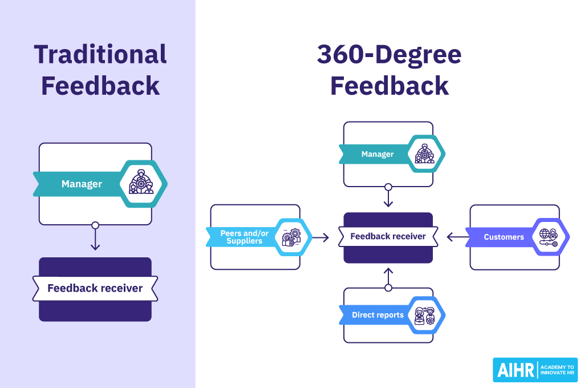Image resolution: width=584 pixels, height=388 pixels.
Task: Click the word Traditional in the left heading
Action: pyautogui.click(x=100, y=55)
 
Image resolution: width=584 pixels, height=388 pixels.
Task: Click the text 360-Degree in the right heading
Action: pyautogui.click(x=389, y=55)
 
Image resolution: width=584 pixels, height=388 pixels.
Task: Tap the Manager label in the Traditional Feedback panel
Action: pyautogui.click(x=82, y=184)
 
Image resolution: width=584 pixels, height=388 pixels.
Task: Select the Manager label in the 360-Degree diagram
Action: pyautogui.click(x=377, y=154)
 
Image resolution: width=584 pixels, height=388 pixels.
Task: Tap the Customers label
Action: pyautogui.click(x=504, y=237)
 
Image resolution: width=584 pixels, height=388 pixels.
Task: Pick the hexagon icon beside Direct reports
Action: pyautogui.click(x=425, y=315)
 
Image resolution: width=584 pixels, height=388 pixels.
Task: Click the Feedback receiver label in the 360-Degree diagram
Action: pyautogui.click(x=388, y=236)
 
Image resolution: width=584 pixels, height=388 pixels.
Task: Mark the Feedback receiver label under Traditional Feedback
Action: pyautogui.click(x=95, y=288)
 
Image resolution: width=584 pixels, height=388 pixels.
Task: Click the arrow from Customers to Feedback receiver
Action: pyautogui.click(x=457, y=237)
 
